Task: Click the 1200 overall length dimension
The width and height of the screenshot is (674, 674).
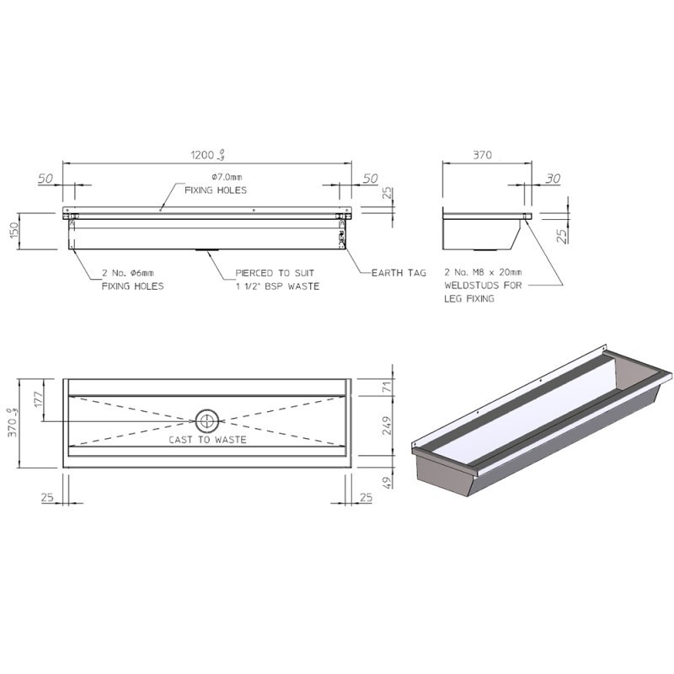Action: pyautogui.click(x=206, y=155)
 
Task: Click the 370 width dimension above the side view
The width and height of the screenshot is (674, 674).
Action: pyautogui.click(x=482, y=155)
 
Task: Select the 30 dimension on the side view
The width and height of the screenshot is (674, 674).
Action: pyautogui.click(x=553, y=179)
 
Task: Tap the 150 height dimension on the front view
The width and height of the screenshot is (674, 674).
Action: pyautogui.click(x=14, y=232)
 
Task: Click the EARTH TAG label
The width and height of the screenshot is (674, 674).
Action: pyautogui.click(x=399, y=273)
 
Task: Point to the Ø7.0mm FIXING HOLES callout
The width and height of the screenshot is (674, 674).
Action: pyautogui.click(x=217, y=184)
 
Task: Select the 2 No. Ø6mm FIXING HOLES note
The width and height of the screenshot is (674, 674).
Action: pyautogui.click(x=126, y=279)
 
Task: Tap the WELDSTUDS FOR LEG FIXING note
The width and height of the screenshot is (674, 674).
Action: pyautogui.click(x=483, y=286)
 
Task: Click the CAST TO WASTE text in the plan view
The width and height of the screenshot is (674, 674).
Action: pyautogui.click(x=207, y=440)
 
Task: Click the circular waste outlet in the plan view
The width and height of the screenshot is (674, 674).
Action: pyautogui.click(x=207, y=420)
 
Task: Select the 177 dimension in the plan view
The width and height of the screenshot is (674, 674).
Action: pyautogui.click(x=37, y=400)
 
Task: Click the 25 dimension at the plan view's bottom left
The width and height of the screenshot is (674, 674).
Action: pyautogui.click(x=47, y=499)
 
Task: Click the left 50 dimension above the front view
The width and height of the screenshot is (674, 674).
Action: pyautogui.click(x=45, y=179)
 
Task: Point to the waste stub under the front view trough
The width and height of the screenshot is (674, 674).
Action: pyautogui.click(x=207, y=250)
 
